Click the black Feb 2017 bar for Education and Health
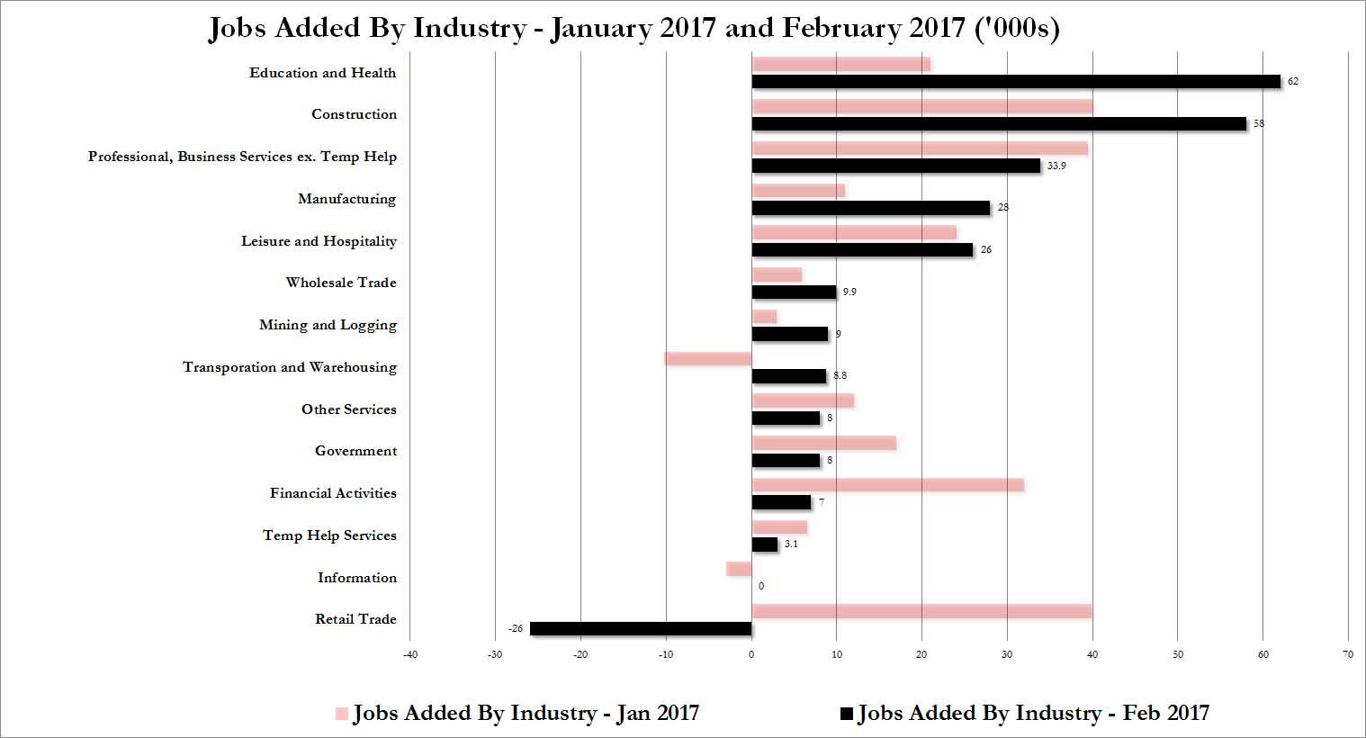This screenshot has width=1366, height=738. pos(1015,82)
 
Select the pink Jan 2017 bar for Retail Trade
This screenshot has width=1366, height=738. pos(921,612)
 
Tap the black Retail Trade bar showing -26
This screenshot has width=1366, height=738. pos(641,629)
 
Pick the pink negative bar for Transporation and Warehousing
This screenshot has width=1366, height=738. pos(708,359)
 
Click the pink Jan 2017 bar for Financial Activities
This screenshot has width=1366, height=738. pos(887,485)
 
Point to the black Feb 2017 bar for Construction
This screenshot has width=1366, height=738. pos(999,124)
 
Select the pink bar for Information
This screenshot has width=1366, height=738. pos(739,569)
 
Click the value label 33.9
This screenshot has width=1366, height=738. pos(1056,166)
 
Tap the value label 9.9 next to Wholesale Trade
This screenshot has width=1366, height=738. pos(849,292)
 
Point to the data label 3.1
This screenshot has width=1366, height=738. pos(790,544)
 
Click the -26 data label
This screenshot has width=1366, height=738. pos(515,629)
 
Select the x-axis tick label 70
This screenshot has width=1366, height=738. pos(1347,654)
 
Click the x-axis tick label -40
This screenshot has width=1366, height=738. pos(409,654)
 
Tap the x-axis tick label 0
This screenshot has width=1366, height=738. pos(751,654)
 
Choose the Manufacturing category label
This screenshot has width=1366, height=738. pos(346,199)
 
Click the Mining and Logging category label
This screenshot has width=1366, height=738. pos(328,325)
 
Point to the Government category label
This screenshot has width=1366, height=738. pos(355,451)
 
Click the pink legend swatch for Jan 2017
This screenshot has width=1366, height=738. pos(341,715)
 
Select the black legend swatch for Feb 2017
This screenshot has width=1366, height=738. pos(846,715)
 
